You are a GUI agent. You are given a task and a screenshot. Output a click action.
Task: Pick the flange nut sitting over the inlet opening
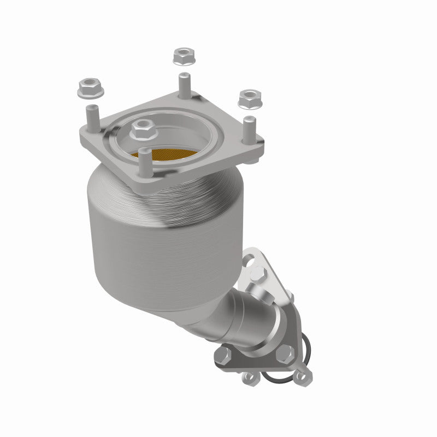pyautogui.click(x=142, y=129)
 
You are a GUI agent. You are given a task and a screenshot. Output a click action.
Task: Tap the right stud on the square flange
pyautogui.click(x=250, y=128)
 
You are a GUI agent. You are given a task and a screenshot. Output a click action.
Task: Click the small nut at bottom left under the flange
pyautogui.click(x=250, y=377)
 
